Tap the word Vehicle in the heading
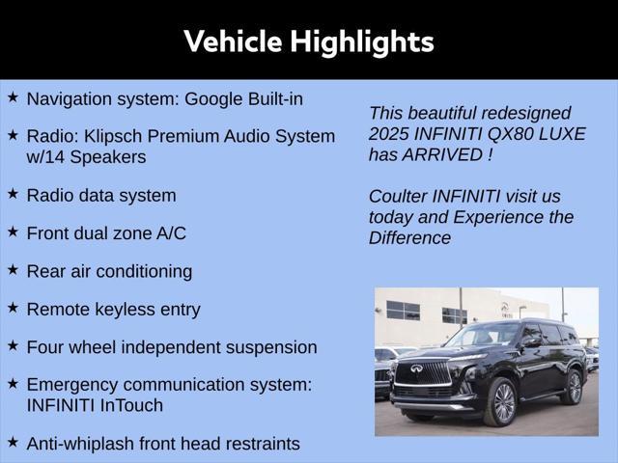tap(233, 41)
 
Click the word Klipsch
tap(113, 137)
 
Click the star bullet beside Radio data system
tap(13, 194)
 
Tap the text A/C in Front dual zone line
tap(171, 233)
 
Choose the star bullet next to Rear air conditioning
tap(13, 270)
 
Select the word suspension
tap(271, 348)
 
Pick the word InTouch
tap(131, 405)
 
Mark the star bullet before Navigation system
tap(13, 97)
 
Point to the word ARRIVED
tap(442, 154)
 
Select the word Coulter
tap(397, 197)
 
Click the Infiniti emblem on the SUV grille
tap(416, 368)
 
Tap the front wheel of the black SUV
tap(501, 402)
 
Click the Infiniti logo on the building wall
tap(505, 307)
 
